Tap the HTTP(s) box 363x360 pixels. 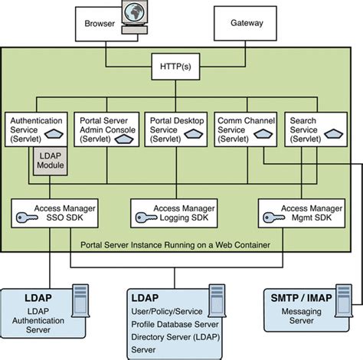(181, 67)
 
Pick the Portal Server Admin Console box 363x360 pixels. (108, 130)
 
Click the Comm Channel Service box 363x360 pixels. (244, 130)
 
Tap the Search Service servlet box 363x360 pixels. (311, 130)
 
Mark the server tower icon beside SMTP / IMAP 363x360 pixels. (344, 301)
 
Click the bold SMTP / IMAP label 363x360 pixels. (296, 297)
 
